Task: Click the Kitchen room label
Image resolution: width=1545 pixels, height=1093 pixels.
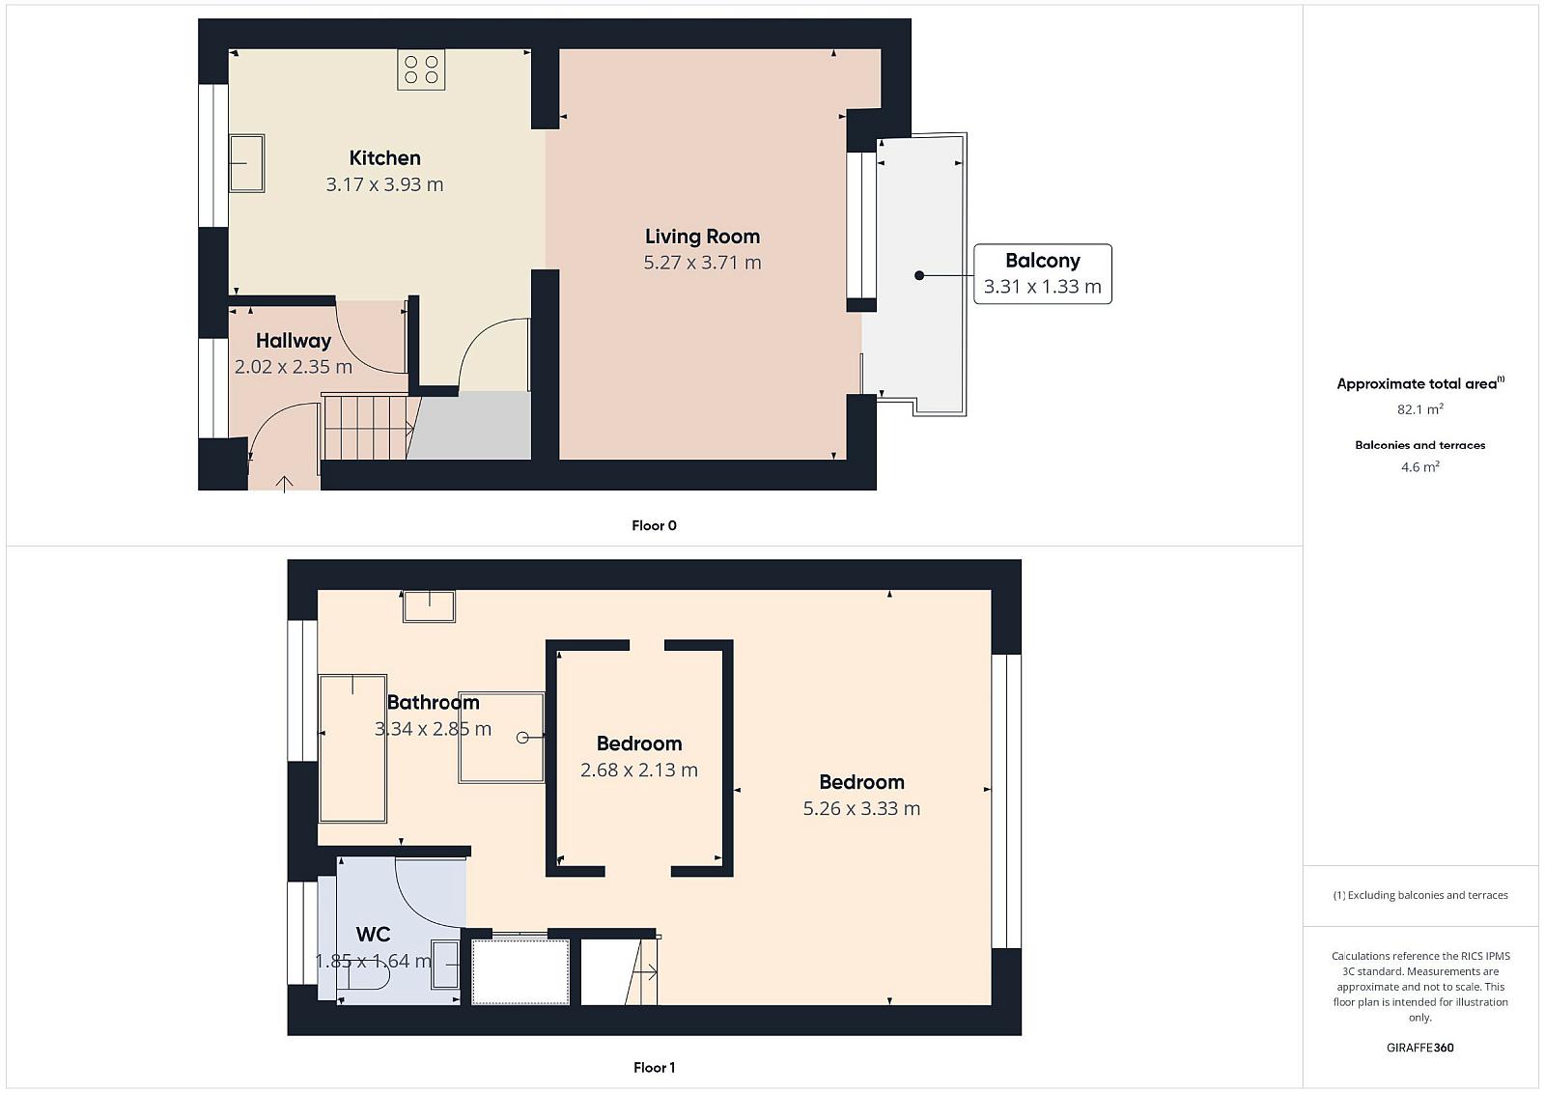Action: click(385, 158)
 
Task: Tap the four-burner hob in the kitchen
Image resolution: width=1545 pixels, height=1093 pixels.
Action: click(421, 70)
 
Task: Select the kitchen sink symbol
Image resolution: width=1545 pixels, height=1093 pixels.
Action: click(247, 163)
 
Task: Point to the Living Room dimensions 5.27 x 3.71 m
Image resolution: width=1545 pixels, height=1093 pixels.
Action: click(702, 263)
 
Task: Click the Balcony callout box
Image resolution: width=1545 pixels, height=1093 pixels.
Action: click(1042, 274)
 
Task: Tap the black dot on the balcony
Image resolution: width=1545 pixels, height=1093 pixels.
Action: click(918, 275)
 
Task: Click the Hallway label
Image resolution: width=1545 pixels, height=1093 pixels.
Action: click(294, 341)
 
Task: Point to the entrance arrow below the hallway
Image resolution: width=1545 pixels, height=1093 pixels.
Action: click(284, 484)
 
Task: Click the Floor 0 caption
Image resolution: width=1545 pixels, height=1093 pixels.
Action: click(654, 525)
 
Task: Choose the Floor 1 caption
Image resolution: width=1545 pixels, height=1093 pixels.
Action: click(654, 1068)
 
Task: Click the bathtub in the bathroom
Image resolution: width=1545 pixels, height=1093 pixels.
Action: click(352, 748)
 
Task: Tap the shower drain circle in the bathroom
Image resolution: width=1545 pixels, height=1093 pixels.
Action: click(522, 738)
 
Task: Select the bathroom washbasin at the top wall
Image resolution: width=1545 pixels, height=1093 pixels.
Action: click(429, 606)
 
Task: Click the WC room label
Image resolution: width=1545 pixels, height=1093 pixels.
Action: click(373, 935)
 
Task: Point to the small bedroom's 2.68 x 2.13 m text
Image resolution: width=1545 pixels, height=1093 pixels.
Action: click(638, 770)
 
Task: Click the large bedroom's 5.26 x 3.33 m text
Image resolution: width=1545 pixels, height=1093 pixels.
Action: click(861, 808)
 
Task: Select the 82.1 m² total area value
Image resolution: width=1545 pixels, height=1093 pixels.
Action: click(1420, 409)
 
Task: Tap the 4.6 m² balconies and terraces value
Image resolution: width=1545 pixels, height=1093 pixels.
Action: click(1420, 467)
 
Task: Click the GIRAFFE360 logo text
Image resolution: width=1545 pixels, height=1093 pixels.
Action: click(1420, 1048)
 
